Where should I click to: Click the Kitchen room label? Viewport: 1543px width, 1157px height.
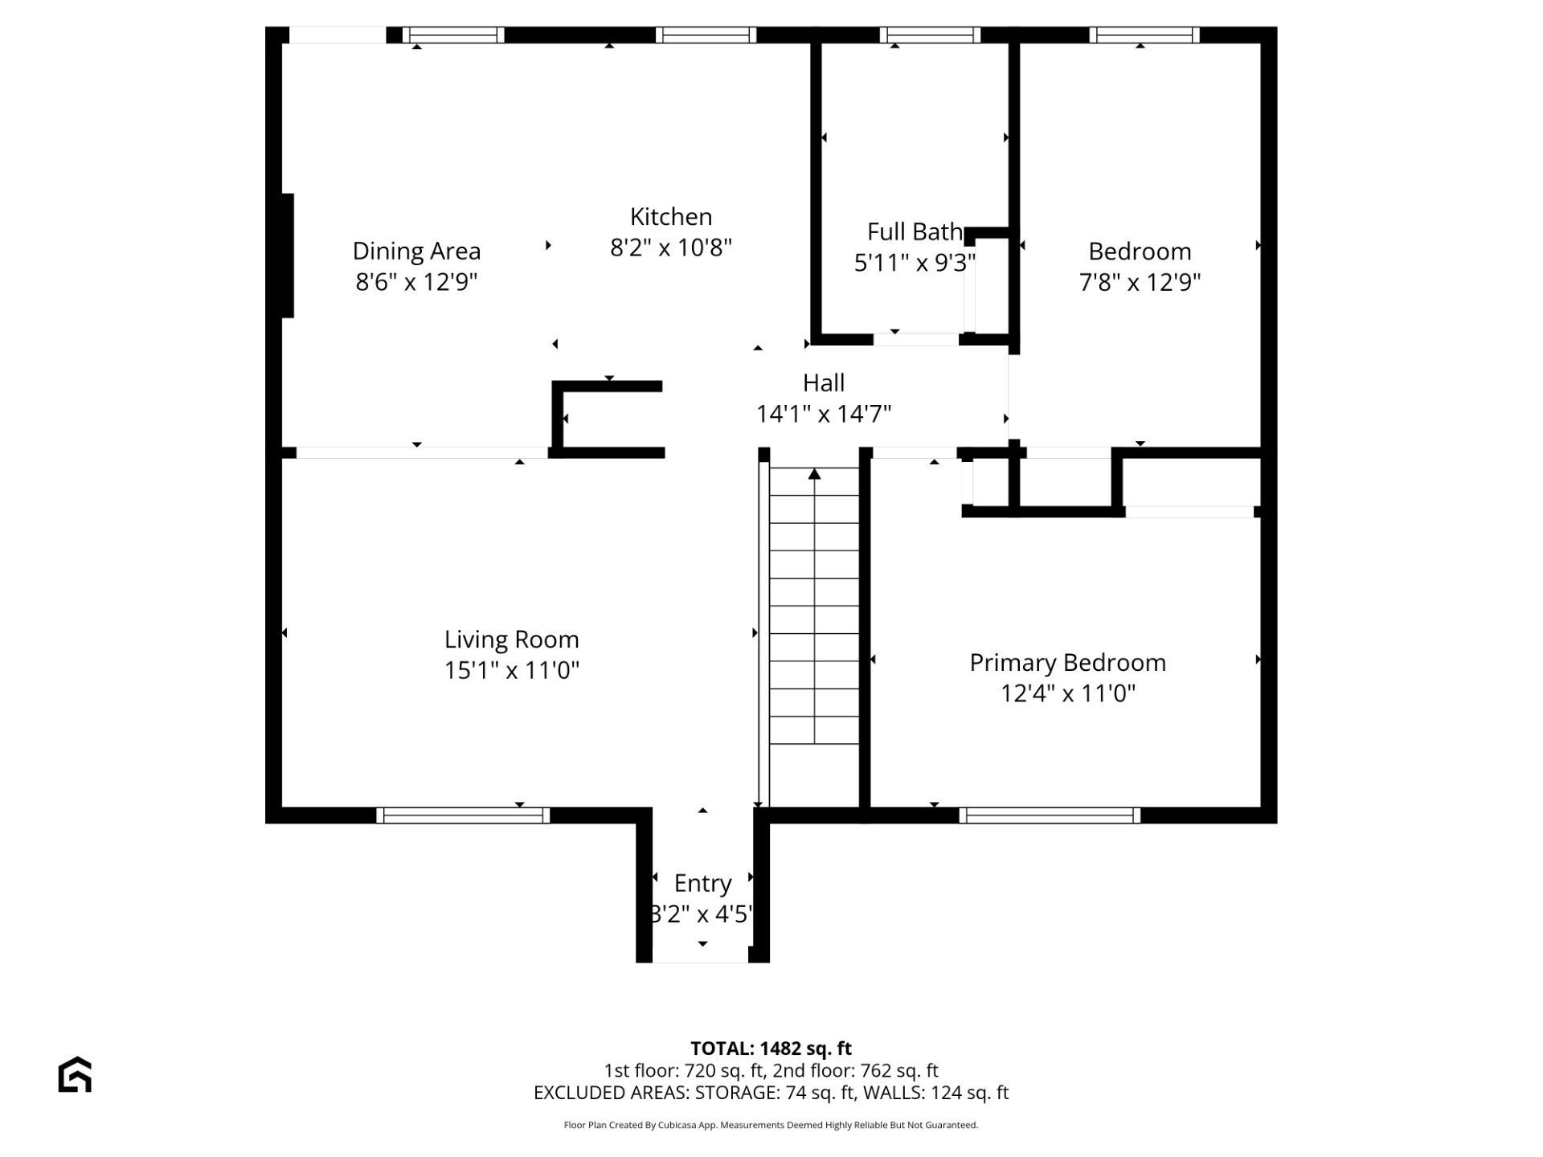tap(671, 217)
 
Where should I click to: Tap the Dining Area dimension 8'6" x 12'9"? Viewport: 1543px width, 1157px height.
tap(416, 282)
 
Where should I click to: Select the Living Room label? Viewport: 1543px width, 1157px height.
tap(512, 640)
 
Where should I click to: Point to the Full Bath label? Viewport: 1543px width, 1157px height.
tap(915, 232)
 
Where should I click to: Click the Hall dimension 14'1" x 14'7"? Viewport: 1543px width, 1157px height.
tap(824, 414)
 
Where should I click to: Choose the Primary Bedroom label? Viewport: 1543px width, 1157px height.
tap(1068, 663)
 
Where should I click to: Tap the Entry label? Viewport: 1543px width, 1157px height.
tap(703, 884)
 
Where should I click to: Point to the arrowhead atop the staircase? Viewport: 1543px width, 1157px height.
tap(814, 474)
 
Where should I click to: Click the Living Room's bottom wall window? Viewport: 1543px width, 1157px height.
tap(463, 816)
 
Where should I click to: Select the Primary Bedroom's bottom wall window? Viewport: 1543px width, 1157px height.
tap(1050, 816)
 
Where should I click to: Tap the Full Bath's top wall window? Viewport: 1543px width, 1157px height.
tap(930, 35)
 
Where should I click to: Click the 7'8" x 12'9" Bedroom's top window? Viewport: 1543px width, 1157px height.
tap(1144, 35)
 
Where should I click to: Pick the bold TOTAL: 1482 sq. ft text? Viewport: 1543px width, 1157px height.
tap(771, 1049)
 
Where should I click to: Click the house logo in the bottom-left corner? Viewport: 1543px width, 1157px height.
tap(75, 1074)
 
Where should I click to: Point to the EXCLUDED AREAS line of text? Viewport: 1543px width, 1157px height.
tap(771, 1093)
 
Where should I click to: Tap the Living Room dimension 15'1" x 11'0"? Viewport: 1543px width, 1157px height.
tap(512, 670)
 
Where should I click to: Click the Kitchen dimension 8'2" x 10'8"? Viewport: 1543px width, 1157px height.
tap(671, 247)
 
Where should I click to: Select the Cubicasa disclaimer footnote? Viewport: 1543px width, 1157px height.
tap(771, 1125)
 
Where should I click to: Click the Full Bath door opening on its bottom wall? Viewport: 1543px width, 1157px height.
tap(916, 340)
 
